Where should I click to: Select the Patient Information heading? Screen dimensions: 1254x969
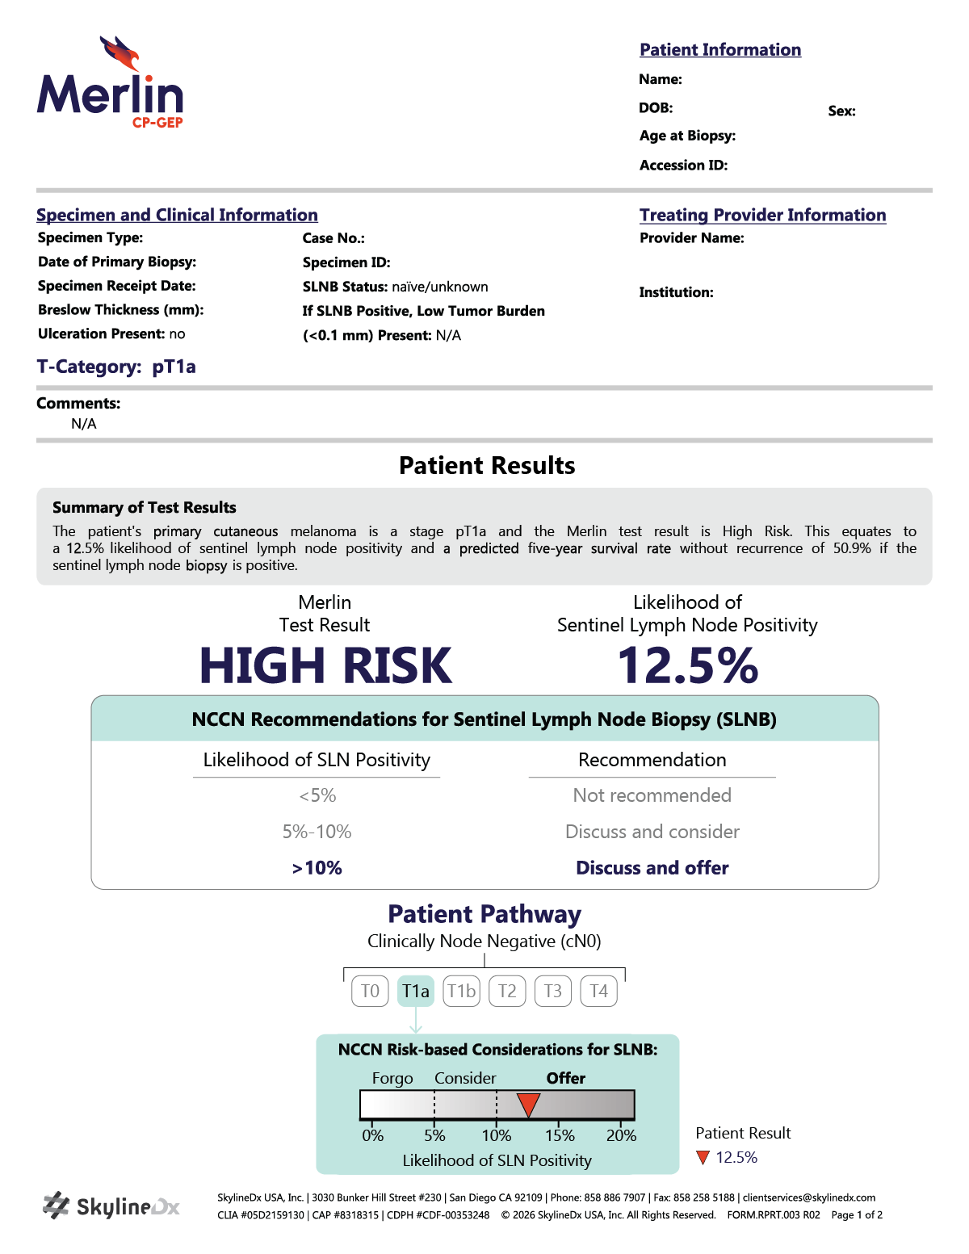tap(720, 50)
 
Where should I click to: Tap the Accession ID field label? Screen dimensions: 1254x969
tap(683, 166)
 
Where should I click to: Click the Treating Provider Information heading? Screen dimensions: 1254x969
tap(762, 215)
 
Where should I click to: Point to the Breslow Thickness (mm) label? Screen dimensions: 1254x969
tap(120, 310)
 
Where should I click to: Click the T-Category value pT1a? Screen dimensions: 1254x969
tap(174, 367)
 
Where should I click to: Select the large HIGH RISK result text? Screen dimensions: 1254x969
tap(325, 666)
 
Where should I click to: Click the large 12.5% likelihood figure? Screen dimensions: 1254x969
tap(687, 666)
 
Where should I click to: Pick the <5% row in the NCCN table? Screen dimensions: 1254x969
tap(317, 796)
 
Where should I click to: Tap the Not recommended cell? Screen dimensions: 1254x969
tap(652, 796)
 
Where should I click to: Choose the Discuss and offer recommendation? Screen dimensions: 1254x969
tap(652, 868)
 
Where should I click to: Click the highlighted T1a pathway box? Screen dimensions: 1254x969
tap(416, 991)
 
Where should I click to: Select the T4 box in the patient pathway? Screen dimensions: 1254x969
tap(598, 991)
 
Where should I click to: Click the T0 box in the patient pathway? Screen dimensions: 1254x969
tap(370, 991)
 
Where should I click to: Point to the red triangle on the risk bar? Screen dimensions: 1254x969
tap(528, 1104)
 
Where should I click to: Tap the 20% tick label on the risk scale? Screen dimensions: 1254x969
tap(621, 1135)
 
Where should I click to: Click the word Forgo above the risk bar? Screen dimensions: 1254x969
tap(392, 1079)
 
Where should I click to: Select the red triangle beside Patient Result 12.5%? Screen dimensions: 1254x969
tap(703, 1157)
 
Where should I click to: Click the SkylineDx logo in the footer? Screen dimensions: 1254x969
tap(111, 1206)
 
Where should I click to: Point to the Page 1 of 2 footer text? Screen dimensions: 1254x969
tap(857, 1215)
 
